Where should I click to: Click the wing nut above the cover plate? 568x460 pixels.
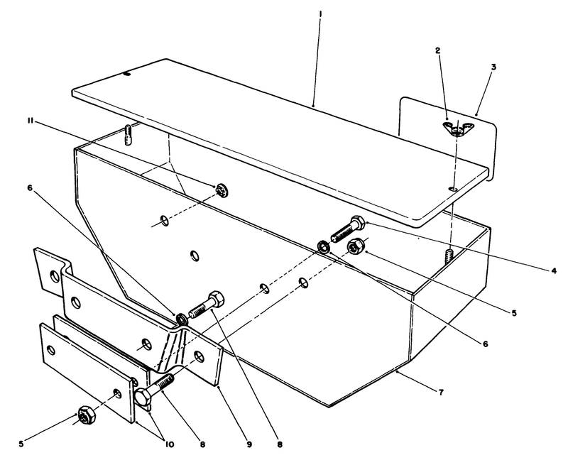coord(455,128)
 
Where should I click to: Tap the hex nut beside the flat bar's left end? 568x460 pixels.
coord(84,417)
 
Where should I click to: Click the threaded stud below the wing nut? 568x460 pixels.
coord(449,255)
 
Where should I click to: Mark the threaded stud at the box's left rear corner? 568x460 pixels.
coord(127,134)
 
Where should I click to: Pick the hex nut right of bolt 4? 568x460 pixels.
coord(356,246)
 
